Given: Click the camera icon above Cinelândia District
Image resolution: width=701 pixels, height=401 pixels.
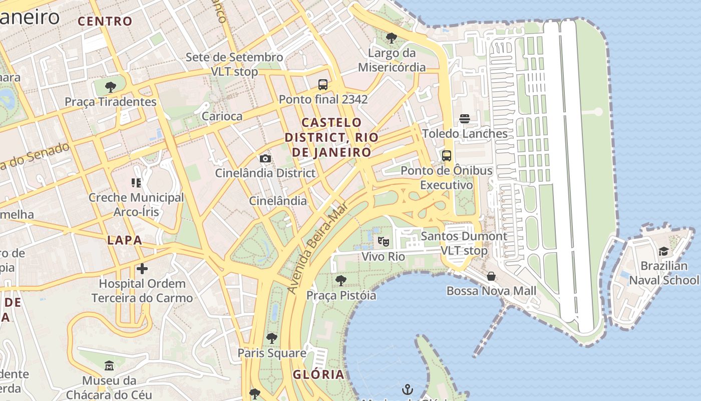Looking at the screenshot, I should click(x=265, y=159).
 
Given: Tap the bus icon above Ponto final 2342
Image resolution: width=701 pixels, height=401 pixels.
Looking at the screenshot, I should click(x=323, y=85).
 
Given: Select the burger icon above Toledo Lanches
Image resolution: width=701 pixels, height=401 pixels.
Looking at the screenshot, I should click(x=465, y=119).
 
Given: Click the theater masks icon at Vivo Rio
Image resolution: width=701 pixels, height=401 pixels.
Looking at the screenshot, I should click(x=384, y=242).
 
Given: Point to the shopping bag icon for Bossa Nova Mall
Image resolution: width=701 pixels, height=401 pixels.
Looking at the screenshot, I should click(x=491, y=276).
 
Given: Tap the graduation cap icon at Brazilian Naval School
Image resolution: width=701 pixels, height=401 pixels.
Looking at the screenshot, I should click(x=663, y=251).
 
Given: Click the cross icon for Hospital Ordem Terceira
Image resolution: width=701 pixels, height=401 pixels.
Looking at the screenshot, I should click(x=142, y=269).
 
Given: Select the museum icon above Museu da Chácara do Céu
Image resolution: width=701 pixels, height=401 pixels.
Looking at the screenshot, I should click(x=109, y=365).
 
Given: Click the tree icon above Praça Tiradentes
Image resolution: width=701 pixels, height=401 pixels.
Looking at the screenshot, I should click(x=111, y=87).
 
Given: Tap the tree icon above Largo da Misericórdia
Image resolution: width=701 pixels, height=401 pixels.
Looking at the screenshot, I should click(x=392, y=38).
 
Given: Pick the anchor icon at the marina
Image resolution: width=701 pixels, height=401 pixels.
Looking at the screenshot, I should click(x=408, y=389).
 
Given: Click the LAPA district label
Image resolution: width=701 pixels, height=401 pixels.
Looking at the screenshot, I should click(x=125, y=240).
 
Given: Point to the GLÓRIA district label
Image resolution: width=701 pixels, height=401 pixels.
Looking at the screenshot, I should click(x=319, y=374).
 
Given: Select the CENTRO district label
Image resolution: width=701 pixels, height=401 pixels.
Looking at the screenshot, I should click(x=105, y=21).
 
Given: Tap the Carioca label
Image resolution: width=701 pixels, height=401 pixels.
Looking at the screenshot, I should click(x=222, y=116).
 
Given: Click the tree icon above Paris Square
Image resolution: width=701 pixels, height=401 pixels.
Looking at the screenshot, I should click(x=272, y=338).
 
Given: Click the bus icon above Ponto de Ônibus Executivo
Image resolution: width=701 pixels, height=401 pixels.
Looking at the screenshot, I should click(x=447, y=156).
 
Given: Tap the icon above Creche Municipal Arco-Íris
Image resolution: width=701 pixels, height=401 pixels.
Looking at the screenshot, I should click(x=136, y=183).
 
